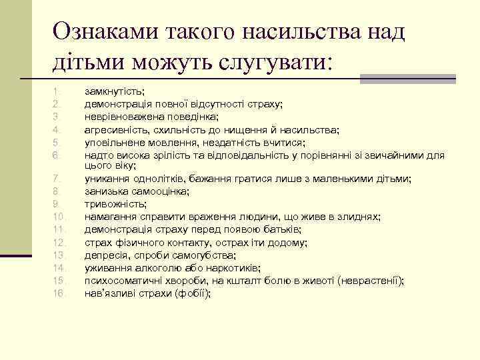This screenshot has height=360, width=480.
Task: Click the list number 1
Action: click(x=57, y=90)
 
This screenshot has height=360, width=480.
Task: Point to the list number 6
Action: click(x=57, y=155)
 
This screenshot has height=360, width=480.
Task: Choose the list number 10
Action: click(x=57, y=217)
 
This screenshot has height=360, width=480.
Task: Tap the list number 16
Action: click(x=57, y=293)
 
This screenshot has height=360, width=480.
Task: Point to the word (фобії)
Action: click(x=191, y=293)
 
